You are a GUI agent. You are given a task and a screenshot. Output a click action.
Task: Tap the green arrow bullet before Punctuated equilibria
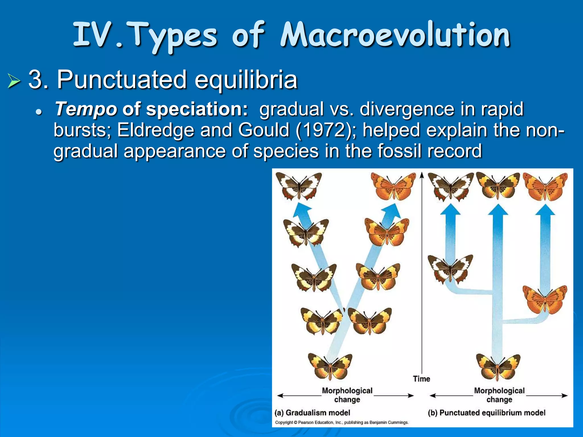[14, 81]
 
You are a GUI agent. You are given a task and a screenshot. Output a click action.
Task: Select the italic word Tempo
[86, 109]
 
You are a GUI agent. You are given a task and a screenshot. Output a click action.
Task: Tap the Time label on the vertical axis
[421, 379]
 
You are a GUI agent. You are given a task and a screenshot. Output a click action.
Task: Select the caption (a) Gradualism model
[312, 413]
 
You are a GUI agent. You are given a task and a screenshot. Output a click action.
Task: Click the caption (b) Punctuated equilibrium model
[486, 413]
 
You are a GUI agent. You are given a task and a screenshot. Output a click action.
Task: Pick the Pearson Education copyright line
[342, 422]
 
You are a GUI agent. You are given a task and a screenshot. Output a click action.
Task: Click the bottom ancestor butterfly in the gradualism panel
[330, 366]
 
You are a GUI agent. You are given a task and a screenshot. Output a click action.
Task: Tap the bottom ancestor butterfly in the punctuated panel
[498, 366]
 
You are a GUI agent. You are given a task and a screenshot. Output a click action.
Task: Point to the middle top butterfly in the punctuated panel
[498, 185]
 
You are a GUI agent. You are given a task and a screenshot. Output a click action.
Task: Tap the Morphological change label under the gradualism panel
[347, 395]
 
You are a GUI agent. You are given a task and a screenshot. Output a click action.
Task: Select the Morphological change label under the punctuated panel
[499, 395]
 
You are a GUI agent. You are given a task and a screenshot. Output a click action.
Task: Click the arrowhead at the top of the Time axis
[422, 174]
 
